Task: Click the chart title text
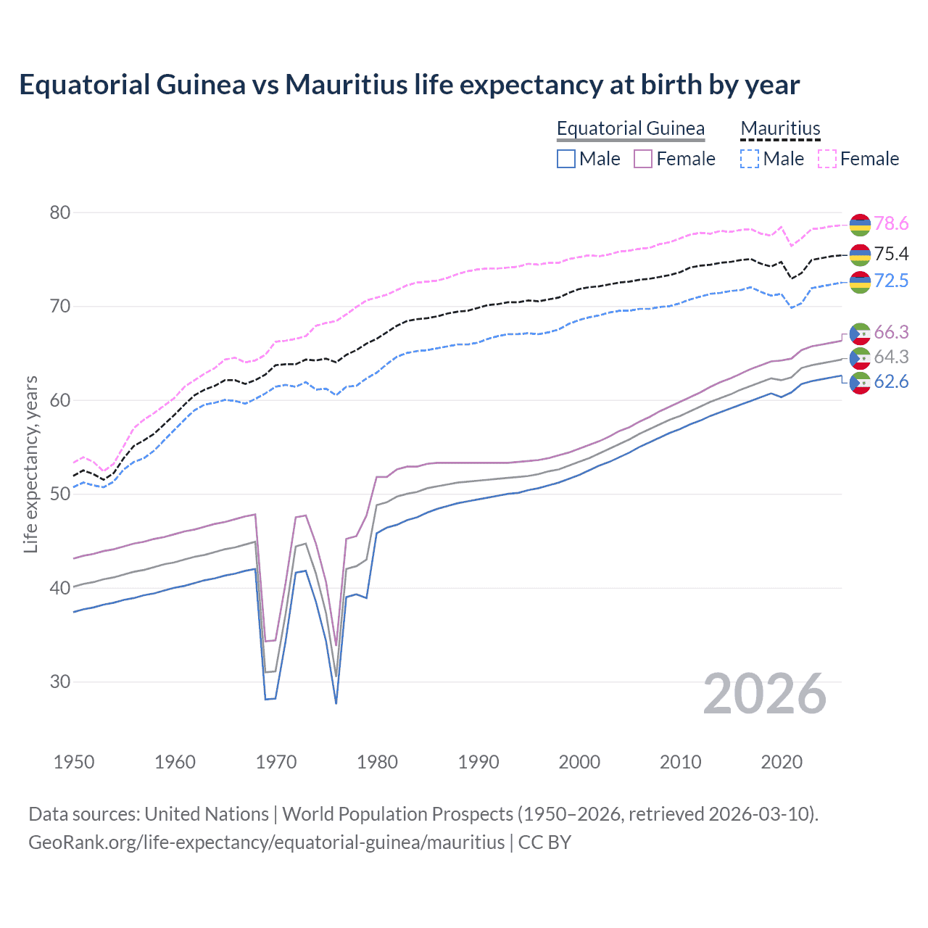coord(409,85)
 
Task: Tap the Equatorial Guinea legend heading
coord(630,128)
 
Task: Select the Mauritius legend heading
coord(780,128)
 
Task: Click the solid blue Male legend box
coord(566,159)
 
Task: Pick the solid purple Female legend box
coord(643,159)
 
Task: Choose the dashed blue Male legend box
coord(750,159)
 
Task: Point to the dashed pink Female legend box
coord(827,159)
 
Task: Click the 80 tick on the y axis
coord(60,212)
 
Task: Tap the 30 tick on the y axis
coord(60,681)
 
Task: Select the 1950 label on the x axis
coord(74,762)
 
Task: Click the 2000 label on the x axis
coord(579,762)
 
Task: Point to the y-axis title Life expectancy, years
coord(30,464)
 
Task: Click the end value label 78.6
coord(891,224)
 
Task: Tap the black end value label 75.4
coord(891,254)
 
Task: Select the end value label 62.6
coord(891,382)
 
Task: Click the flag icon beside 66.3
coord(860,333)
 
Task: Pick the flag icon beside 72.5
coord(860,282)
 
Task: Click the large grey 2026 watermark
coord(764,694)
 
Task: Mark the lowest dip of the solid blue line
coord(336,703)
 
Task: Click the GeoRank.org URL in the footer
coord(266,842)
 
